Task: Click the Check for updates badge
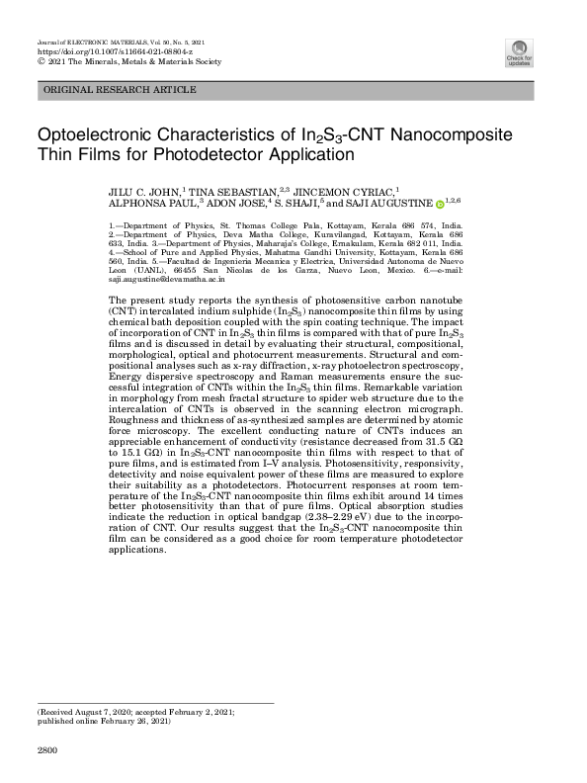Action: pyautogui.click(x=518, y=52)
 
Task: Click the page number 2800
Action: pyautogui.click(x=47, y=752)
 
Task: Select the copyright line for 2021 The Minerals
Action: pyautogui.click(x=128, y=60)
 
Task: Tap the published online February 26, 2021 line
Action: pyautogui.click(x=104, y=721)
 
